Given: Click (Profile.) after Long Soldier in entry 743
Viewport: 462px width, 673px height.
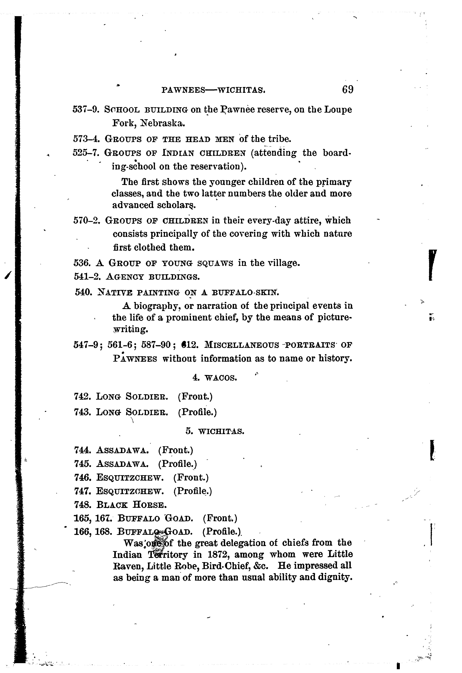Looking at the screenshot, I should (197, 412).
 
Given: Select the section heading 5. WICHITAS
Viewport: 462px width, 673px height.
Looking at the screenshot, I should (215, 432).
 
